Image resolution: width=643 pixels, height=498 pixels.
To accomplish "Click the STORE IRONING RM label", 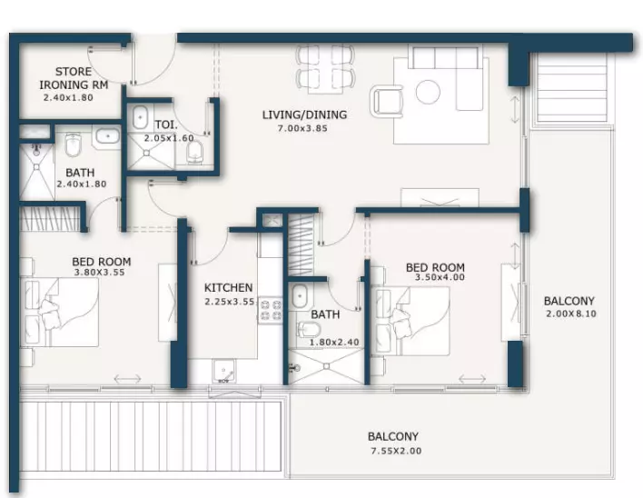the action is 74,78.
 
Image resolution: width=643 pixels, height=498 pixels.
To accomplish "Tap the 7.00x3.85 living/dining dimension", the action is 302,128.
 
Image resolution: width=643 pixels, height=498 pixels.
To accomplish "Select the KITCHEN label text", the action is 229,287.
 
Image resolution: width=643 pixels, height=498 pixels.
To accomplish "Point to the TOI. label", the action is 166,124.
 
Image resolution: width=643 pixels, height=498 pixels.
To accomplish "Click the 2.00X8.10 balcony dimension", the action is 571,314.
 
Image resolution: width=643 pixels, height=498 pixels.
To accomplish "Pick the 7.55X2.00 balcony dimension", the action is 396,451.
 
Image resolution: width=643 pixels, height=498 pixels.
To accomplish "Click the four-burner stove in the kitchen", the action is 271,310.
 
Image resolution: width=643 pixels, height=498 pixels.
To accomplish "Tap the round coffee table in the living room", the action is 428,92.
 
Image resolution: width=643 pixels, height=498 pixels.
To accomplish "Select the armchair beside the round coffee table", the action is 386,101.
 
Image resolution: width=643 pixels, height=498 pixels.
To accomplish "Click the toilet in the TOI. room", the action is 194,153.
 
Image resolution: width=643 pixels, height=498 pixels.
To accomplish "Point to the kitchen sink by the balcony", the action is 223,372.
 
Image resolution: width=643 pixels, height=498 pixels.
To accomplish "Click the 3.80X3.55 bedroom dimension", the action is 100,273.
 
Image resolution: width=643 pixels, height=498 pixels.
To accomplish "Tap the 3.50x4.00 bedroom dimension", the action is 440,277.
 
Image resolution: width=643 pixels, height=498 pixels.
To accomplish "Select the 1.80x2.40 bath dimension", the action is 334,342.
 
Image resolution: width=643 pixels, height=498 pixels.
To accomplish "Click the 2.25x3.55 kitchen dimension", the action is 230,302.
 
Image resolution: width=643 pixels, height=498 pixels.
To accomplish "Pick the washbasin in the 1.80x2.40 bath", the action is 300,295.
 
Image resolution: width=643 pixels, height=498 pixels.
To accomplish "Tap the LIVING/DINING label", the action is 304,115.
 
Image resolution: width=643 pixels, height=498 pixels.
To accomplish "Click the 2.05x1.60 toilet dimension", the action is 169,138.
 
